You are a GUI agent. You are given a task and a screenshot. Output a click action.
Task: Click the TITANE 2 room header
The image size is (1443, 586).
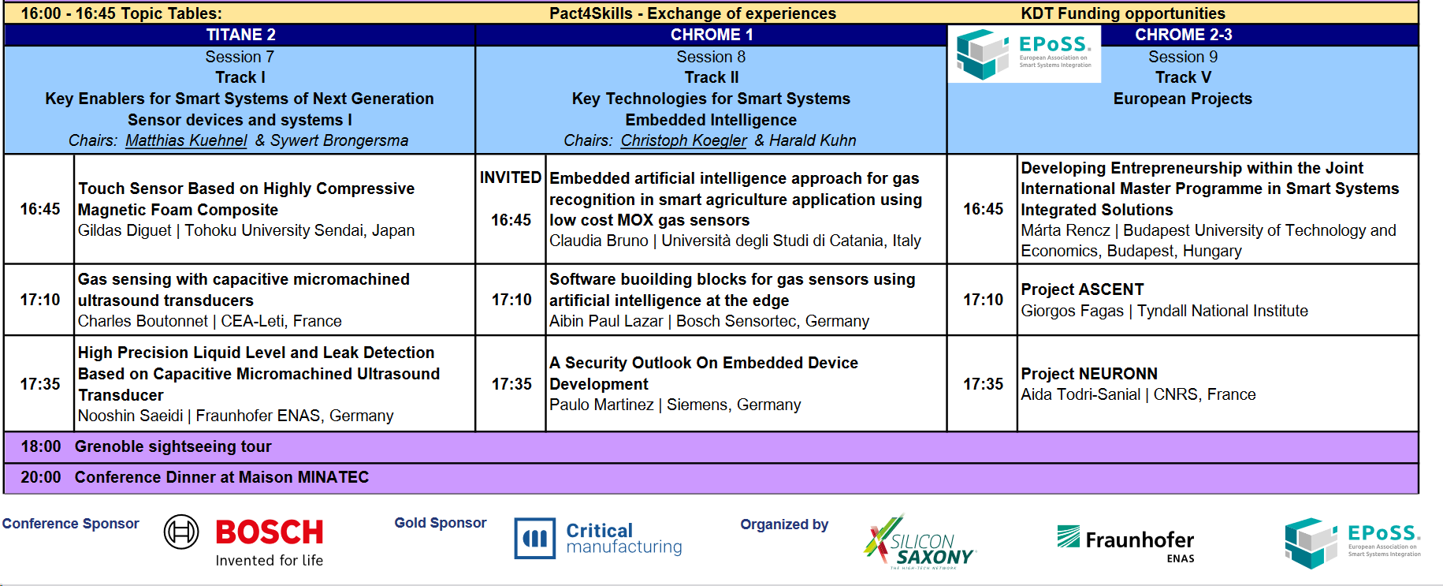pyautogui.click(x=240, y=35)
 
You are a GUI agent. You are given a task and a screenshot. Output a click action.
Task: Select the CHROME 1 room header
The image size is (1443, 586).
pyautogui.click(x=712, y=35)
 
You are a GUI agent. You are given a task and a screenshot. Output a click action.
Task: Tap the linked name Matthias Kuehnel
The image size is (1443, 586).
pyautogui.click(x=186, y=140)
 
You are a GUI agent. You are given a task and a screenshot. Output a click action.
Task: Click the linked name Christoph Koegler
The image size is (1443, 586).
pyautogui.click(x=683, y=140)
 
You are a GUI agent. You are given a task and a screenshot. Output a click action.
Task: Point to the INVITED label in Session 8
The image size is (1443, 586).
pyautogui.click(x=511, y=177)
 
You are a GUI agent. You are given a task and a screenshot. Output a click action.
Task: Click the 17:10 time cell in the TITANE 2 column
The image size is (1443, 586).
pyautogui.click(x=40, y=300)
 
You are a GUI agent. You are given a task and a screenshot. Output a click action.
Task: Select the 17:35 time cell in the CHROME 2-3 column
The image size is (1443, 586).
pyautogui.click(x=983, y=384)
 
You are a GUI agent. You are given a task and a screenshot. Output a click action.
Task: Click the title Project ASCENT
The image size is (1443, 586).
pyautogui.click(x=1082, y=289)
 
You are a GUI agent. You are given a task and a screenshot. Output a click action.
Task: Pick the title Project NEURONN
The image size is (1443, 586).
pyautogui.click(x=1089, y=374)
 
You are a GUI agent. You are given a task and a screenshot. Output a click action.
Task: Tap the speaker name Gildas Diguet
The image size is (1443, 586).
pyautogui.click(x=125, y=230)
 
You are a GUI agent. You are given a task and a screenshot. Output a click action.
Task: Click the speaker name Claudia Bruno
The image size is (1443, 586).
pyautogui.click(x=598, y=241)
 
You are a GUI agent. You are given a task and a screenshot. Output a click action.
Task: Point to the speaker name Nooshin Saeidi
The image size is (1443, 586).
pyautogui.click(x=130, y=416)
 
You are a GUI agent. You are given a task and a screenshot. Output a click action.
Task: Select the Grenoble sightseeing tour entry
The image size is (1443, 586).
pyautogui.click(x=173, y=446)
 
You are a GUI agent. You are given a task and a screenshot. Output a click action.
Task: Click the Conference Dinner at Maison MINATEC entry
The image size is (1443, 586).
pyautogui.click(x=221, y=477)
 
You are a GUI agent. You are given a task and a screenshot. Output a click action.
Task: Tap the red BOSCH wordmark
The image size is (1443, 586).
pyautogui.click(x=270, y=532)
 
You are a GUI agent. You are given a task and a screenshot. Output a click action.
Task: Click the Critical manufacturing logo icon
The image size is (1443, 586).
pyautogui.click(x=535, y=539)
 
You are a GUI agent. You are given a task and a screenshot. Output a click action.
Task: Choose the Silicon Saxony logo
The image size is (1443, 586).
pyautogui.click(x=920, y=542)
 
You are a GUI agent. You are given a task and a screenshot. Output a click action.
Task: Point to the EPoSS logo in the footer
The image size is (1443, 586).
pyautogui.click(x=1352, y=543)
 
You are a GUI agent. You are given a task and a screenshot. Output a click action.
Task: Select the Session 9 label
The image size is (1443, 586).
pyautogui.click(x=1183, y=57)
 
